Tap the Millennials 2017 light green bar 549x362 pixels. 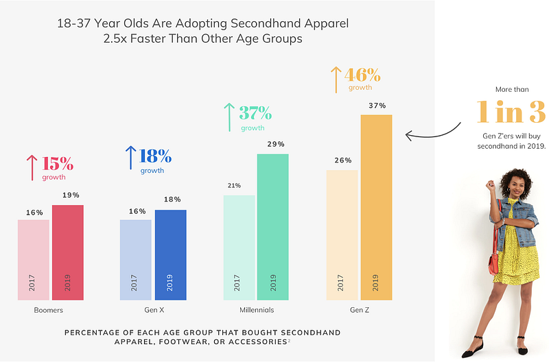point(239,247)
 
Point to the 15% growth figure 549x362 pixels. point(57,164)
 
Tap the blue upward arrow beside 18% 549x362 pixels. point(130,158)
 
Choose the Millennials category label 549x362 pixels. point(257,311)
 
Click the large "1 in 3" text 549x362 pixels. point(511,112)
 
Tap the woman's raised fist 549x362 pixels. point(489,185)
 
